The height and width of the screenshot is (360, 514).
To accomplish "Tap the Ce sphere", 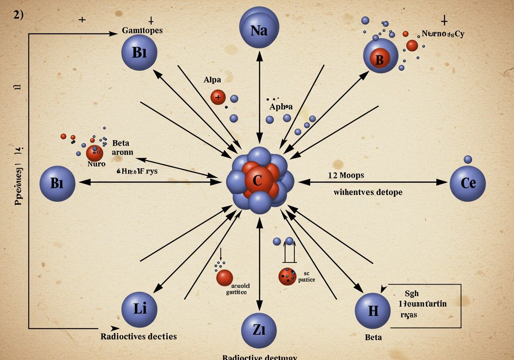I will (x=468, y=183).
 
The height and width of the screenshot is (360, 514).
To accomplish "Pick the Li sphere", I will (x=139, y=309).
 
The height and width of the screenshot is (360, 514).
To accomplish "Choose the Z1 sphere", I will (x=259, y=331).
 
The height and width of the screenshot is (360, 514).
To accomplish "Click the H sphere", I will (x=373, y=311).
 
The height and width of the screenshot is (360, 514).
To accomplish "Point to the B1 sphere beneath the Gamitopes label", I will (x=139, y=53).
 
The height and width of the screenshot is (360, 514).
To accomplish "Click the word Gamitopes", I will (x=142, y=31).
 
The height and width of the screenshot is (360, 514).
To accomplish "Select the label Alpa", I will (x=212, y=80).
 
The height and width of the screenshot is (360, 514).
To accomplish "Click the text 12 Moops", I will (x=346, y=175).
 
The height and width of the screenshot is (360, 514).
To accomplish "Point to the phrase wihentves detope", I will (x=368, y=192).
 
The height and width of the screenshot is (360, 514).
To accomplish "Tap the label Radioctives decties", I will (x=139, y=336).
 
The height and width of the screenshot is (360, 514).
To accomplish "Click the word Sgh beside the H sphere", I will (x=411, y=294).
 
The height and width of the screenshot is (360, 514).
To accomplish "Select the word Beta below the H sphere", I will (x=373, y=337).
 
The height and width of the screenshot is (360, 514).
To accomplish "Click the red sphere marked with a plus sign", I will (x=218, y=97).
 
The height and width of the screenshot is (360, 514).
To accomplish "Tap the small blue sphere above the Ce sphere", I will (x=468, y=160).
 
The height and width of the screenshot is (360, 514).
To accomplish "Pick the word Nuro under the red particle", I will (x=96, y=164).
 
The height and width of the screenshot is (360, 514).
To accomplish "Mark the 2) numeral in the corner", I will (x=18, y=15).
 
